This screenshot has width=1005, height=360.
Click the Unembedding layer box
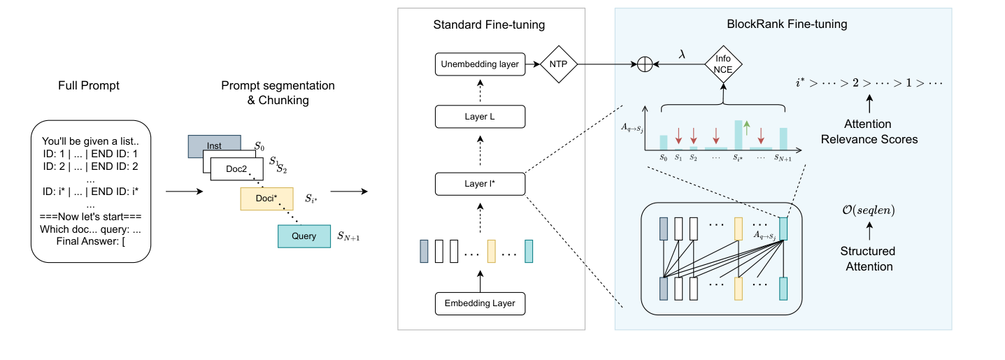pyautogui.click(x=479, y=64)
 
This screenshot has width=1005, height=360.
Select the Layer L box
pyautogui.click(x=479, y=116)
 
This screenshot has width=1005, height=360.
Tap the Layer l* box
pyautogui.click(x=479, y=183)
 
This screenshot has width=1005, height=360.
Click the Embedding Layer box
pyautogui.click(x=479, y=303)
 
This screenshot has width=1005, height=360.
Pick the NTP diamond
pyautogui.click(x=557, y=64)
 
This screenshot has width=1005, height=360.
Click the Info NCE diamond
pyautogui.click(x=722, y=64)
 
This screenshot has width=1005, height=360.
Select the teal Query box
pyautogui.click(x=304, y=236)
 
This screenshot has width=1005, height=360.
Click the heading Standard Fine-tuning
pyautogui.click(x=489, y=25)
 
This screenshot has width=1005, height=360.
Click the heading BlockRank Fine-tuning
pyautogui.click(x=787, y=24)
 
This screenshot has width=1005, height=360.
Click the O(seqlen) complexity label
pyautogui.click(x=868, y=210)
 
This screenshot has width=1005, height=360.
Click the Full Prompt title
pyautogui.click(x=89, y=85)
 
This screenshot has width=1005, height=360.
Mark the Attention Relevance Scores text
pyautogui.click(x=869, y=131)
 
